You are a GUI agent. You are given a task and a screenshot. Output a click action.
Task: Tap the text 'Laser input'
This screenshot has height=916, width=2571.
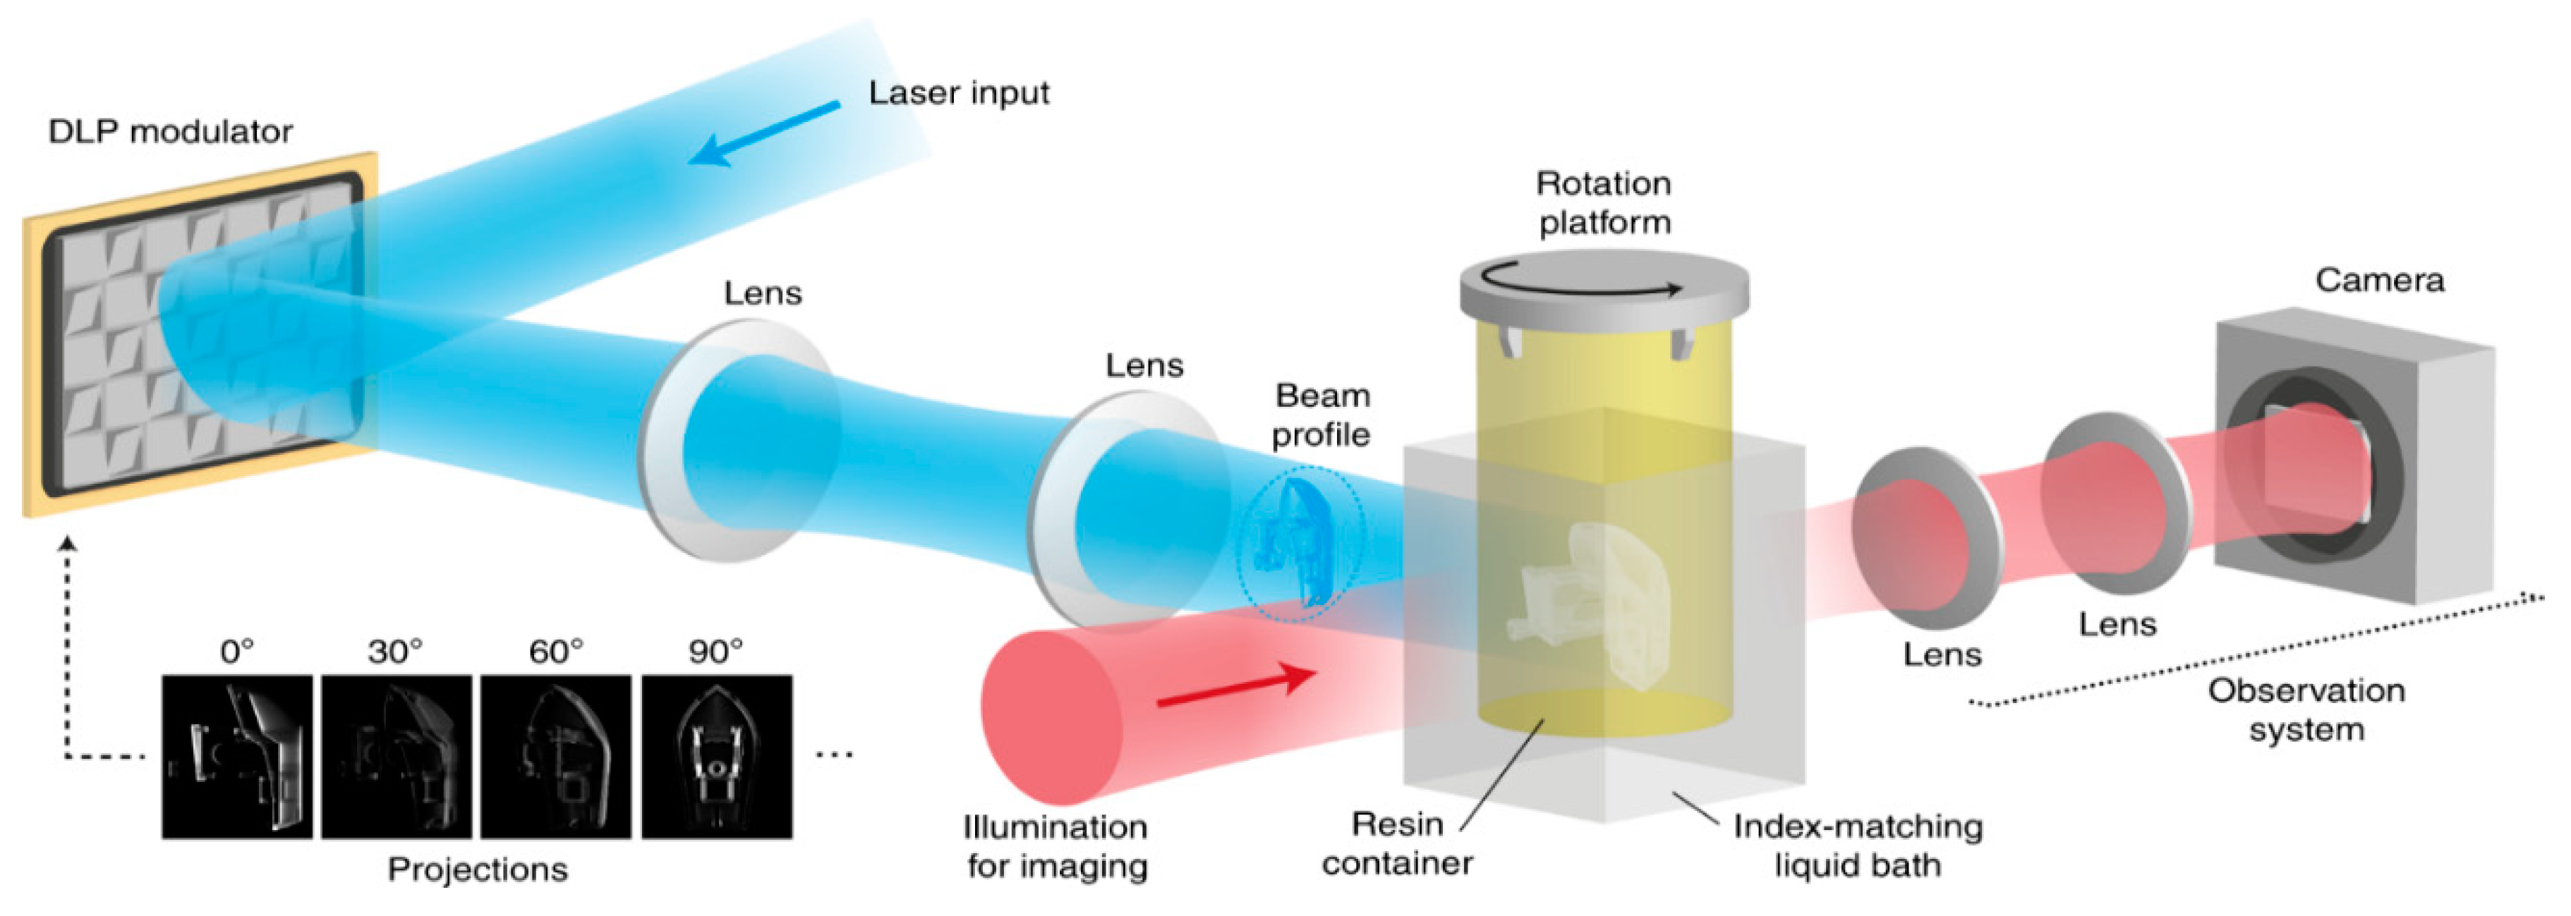point(958,93)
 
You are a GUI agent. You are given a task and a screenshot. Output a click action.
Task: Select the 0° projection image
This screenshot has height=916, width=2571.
point(236,757)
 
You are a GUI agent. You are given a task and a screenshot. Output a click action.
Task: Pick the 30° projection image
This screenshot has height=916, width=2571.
point(397,757)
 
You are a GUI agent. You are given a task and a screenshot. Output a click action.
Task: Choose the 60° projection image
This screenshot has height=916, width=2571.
point(556,757)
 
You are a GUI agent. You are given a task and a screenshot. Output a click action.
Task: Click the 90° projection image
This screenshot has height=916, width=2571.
point(717,757)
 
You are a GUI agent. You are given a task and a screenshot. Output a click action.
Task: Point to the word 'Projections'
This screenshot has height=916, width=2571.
point(477,869)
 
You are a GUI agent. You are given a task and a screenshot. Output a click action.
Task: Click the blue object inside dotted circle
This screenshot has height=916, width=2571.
point(1297,544)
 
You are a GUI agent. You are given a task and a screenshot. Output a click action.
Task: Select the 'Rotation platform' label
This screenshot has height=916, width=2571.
point(1604,202)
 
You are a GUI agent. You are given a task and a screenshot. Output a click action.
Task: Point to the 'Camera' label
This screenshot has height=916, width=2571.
point(2379,281)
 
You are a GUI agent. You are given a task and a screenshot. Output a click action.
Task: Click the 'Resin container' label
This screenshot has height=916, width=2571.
point(1397,843)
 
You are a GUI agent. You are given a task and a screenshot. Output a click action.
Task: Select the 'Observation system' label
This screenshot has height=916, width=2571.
point(2306,709)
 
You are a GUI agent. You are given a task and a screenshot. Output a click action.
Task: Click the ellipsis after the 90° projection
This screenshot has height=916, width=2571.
point(835,755)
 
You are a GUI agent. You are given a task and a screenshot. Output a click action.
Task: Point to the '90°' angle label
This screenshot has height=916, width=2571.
point(715,652)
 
